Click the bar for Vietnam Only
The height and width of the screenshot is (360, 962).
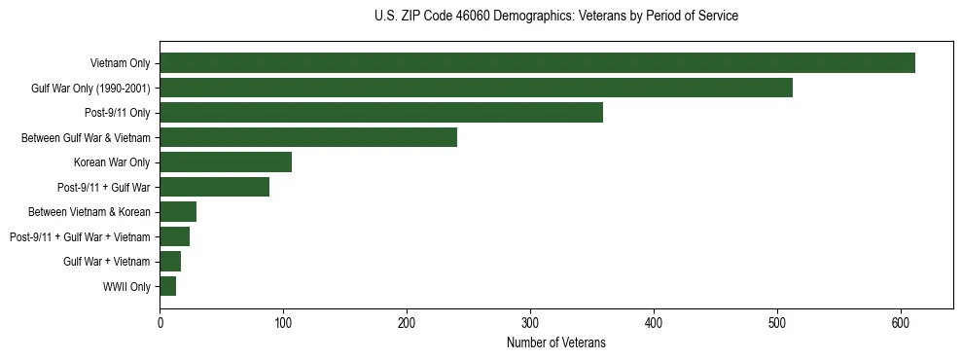coord(537,63)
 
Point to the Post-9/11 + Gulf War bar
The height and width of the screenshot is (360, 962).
coord(214,187)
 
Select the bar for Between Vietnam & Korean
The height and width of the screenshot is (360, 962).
coord(178,212)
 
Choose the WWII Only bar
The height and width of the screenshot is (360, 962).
coord(168,286)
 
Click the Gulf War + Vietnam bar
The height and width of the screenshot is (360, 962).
coord(170,262)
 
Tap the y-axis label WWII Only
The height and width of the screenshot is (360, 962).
coord(126,286)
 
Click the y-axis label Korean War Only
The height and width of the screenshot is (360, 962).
coord(112,162)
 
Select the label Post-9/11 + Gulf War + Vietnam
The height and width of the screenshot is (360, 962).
coord(80,236)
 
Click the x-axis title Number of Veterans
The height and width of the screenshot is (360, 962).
coord(555,342)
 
